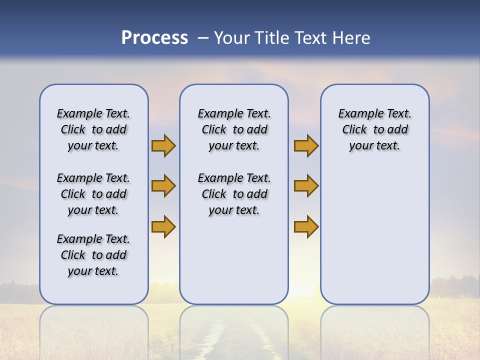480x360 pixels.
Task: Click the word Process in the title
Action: point(154,38)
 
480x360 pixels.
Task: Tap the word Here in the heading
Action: point(351,38)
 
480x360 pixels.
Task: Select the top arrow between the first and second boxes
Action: point(163,145)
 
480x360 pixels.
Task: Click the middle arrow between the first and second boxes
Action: point(163,186)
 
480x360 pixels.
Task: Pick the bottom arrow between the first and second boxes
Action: point(163,226)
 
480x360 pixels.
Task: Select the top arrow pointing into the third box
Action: point(306,145)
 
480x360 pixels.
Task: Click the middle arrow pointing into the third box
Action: point(306,186)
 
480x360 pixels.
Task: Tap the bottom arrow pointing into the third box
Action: point(306,226)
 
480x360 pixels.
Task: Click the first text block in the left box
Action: point(93,129)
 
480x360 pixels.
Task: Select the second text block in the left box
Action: point(93,194)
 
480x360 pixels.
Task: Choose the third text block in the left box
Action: point(93,255)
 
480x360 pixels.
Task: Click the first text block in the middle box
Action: point(234,129)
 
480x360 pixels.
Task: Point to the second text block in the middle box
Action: point(234,194)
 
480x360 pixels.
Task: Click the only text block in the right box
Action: point(374,129)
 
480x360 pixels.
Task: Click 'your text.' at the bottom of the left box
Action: point(93,271)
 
